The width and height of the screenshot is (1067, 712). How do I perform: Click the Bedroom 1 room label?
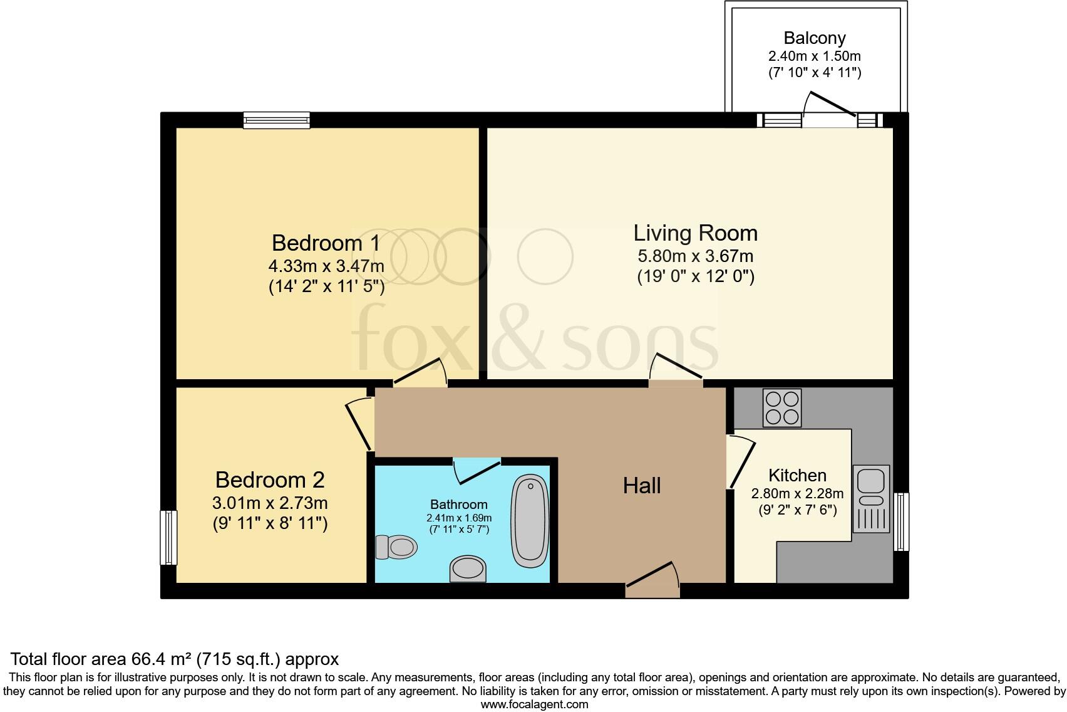pos(326,243)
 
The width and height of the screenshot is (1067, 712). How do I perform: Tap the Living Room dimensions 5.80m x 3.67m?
pos(695,256)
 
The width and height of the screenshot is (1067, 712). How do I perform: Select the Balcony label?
pos(815,38)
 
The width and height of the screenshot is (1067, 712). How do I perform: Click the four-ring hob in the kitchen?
pos(781,408)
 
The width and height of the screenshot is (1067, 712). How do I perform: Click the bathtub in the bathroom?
pos(530,521)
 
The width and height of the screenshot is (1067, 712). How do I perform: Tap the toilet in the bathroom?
pos(396,547)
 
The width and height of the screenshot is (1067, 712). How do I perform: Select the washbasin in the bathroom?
pos(468,568)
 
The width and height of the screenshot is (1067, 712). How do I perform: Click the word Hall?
pos(642,486)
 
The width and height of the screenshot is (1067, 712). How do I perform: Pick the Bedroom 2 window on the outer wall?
pos(168,537)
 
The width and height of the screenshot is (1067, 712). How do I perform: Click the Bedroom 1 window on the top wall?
pos(276,120)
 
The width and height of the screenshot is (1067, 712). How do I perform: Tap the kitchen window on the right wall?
pos(901,521)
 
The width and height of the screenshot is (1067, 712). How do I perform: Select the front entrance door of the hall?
pos(653,580)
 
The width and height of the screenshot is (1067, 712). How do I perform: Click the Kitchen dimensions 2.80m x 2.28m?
pos(797,493)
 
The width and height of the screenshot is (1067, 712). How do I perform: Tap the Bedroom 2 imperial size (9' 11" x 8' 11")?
pos(270,523)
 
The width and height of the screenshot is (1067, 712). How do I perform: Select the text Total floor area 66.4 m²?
pos(103,659)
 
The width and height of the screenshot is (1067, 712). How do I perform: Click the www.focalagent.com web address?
pos(534,704)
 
